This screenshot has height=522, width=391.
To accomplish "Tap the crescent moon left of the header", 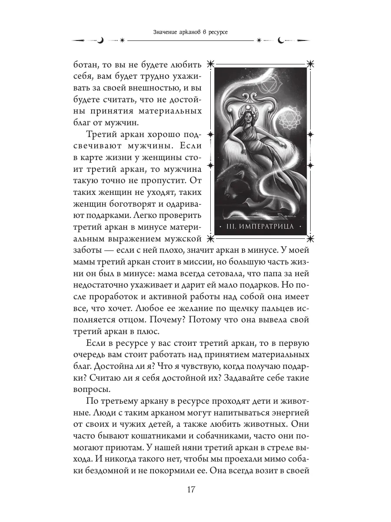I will tap(100, 40).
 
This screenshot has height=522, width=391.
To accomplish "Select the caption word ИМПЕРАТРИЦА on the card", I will tap(267, 227).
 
